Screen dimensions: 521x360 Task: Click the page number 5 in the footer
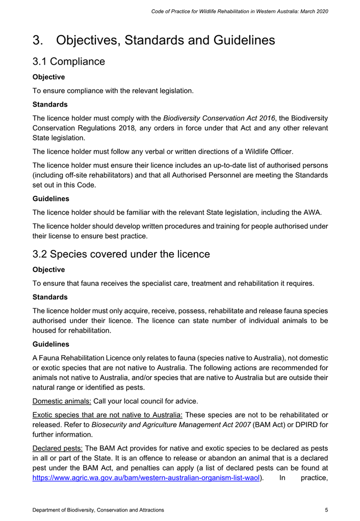coord(325,509)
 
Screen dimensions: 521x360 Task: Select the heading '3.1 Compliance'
coord(69,62)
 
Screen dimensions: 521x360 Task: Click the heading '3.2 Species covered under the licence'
coord(121,254)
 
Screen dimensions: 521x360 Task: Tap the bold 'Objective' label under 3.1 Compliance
coord(48,78)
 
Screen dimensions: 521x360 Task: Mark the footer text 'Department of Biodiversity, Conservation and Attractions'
coord(98,509)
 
